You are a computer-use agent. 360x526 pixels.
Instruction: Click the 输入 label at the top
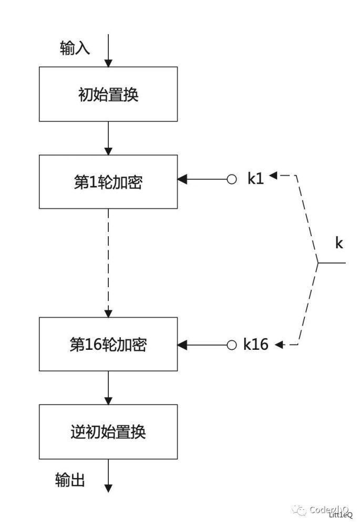tap(75, 49)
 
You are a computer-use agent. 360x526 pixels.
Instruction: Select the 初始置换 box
tap(108, 95)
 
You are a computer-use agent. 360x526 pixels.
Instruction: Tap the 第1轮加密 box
tap(108, 182)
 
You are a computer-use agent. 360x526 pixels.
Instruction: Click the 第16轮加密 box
tap(108, 345)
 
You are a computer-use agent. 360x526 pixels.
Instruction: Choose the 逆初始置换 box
tap(108, 432)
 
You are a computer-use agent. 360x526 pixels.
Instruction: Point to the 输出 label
tap(70, 480)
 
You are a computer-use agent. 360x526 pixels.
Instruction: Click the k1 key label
tap(255, 179)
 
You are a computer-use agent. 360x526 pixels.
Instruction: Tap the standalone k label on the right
tap(339, 243)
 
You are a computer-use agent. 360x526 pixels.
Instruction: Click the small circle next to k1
tap(231, 180)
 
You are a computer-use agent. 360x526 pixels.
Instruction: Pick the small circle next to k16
tap(231, 345)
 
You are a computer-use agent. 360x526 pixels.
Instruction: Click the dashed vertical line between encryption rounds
tap(108, 263)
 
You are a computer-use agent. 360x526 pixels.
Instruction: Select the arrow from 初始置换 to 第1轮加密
tap(108, 138)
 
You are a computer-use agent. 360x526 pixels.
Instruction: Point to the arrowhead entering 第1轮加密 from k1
tap(182, 180)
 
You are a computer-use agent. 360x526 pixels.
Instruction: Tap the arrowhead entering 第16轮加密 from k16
tap(182, 345)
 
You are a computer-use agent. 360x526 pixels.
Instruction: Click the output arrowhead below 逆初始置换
tap(108, 488)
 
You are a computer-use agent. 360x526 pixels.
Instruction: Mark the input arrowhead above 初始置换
tap(108, 63)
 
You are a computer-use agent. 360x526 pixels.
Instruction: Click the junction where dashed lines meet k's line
tap(317, 262)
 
